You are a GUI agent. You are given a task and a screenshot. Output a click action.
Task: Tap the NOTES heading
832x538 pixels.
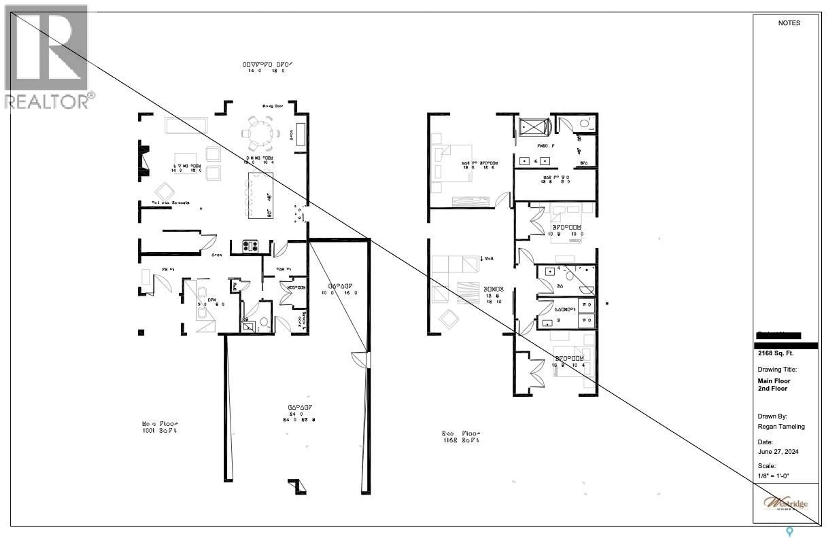coord(789,23)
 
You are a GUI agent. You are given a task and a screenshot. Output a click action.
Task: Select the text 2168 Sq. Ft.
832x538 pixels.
coord(775,353)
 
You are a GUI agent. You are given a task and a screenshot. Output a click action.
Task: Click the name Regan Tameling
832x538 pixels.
coord(781,427)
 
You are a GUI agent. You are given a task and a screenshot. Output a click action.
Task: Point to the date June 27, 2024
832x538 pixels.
coord(778,452)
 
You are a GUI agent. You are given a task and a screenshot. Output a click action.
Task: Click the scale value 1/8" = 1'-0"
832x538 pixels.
coord(773,476)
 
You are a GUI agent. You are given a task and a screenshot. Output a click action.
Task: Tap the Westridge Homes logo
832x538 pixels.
coord(785,503)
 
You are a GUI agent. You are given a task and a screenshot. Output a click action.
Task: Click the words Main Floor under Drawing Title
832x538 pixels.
coord(774,381)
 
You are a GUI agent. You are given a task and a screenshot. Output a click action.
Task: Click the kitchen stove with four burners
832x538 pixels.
coord(250,246)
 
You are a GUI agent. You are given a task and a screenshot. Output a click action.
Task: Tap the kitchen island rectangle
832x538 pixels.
coord(260,196)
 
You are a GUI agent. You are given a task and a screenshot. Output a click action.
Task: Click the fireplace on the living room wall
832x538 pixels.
coord(144,161)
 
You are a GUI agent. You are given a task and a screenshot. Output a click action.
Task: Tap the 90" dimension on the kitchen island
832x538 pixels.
coord(270,213)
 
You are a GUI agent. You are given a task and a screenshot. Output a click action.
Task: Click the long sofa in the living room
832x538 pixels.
coord(186,125)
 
